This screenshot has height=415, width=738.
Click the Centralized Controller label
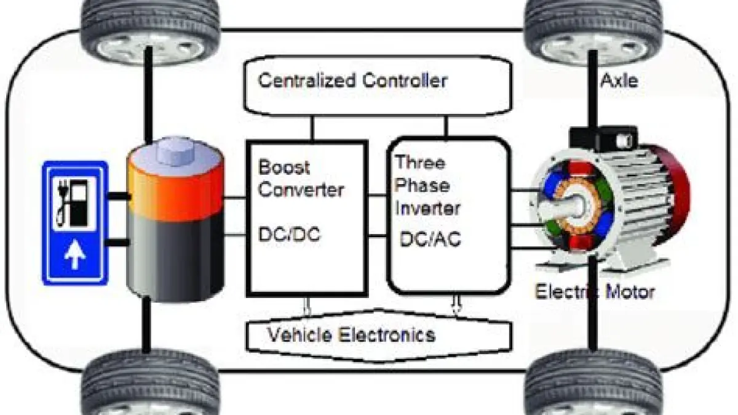coord(352,81)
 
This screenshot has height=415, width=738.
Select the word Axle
coord(619,80)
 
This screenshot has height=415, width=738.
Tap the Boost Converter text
coord(300,179)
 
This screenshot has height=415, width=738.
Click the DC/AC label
coord(430,239)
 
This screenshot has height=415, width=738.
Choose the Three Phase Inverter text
coord(427,185)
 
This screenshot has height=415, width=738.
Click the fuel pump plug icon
coord(73,203)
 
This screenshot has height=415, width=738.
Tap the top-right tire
coord(593,28)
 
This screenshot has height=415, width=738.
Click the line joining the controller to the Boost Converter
coord(312,128)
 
